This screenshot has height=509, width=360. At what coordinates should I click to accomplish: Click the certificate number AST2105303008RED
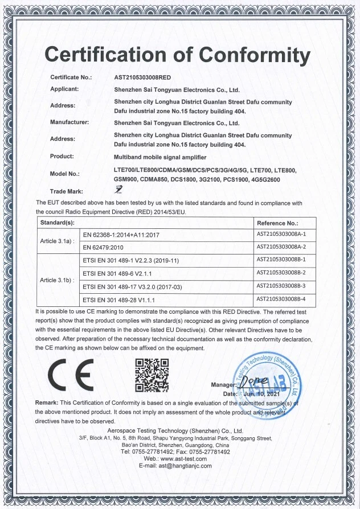tap(143, 77)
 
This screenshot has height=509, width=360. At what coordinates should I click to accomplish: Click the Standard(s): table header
tap(56, 223)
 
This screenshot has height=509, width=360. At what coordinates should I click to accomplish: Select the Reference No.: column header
tap(277, 223)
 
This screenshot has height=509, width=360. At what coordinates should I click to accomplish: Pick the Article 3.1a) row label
tap(58, 241)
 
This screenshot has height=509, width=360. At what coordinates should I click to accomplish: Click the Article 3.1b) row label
tap(58, 280)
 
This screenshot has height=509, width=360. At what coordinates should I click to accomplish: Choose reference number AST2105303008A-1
tap(281, 233)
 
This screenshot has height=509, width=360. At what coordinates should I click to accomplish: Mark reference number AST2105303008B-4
tap(281, 298)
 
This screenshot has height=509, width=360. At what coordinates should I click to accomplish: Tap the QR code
tap(152, 374)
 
